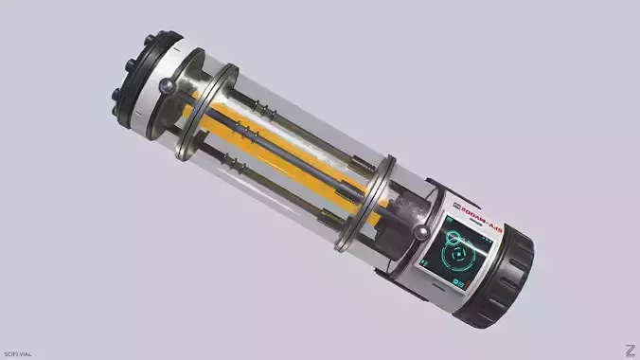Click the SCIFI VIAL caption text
[18, 353]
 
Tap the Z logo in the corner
[630, 350]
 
